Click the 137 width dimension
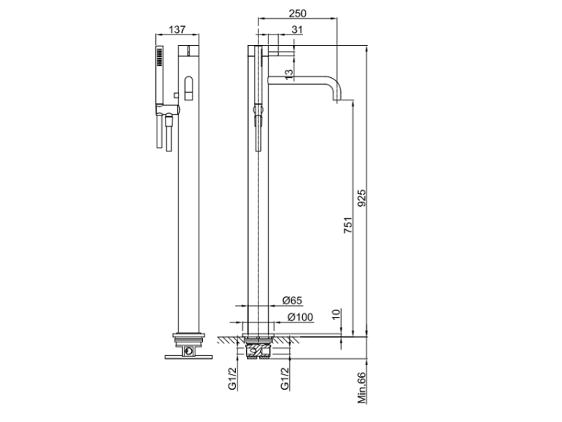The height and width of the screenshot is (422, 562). (x=177, y=29)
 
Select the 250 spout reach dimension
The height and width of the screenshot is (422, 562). (x=297, y=13)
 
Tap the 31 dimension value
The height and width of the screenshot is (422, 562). (x=297, y=29)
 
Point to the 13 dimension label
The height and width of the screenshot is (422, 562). (x=289, y=74)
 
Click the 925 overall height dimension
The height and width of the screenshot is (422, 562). (x=362, y=198)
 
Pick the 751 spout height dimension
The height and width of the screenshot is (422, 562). (x=348, y=225)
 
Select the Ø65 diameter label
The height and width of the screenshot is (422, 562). (x=292, y=300)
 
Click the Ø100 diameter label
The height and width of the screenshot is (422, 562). (x=300, y=317)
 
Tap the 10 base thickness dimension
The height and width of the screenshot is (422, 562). (x=336, y=314)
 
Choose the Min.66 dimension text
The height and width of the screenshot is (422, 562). (x=362, y=388)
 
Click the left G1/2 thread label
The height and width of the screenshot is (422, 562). (x=232, y=379)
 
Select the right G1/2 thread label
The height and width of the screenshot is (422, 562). (x=285, y=379)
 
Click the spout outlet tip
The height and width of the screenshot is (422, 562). (x=337, y=100)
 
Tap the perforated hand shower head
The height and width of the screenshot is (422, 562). (x=159, y=57)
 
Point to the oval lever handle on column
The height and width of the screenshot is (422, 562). (x=189, y=88)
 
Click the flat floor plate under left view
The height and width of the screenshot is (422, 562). (x=189, y=357)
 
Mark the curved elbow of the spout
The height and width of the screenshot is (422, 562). (x=334, y=82)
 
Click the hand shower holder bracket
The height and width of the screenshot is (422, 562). (x=167, y=109)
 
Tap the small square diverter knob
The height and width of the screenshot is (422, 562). (x=176, y=95)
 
